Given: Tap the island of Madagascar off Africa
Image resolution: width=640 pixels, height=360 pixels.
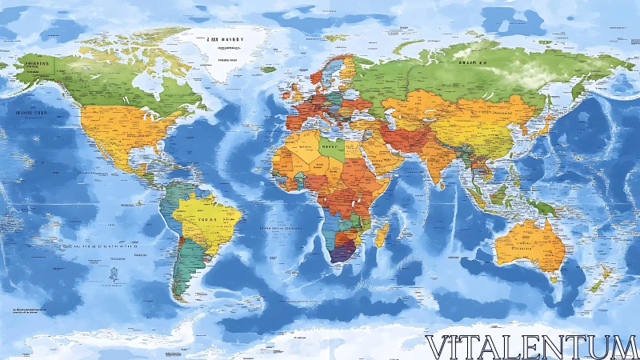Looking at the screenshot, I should (382, 234).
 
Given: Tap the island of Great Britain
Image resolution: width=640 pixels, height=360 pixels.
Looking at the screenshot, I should (294, 88).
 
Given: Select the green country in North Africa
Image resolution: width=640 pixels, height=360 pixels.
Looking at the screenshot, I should (330, 149).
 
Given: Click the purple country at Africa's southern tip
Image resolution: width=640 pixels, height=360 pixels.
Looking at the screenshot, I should (342, 254).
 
